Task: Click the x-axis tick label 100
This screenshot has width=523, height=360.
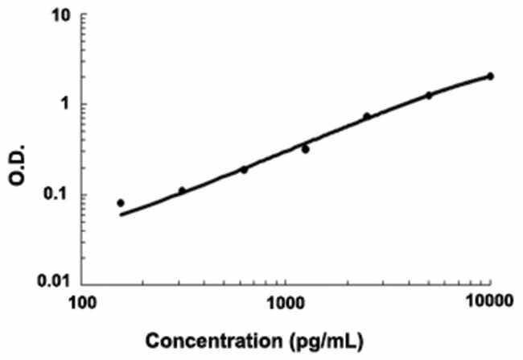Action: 81,301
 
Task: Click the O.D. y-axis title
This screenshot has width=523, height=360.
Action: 18,149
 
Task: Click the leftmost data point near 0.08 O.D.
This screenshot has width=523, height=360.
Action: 121,203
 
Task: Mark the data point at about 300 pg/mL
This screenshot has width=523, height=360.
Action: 182,191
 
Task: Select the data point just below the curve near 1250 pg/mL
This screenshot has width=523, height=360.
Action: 306,149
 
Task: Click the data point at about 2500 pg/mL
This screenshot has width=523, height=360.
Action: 367,117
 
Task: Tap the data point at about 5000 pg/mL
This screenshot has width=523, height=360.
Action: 429,95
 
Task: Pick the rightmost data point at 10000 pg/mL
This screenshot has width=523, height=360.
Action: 490,77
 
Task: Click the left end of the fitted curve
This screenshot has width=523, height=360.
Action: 121,215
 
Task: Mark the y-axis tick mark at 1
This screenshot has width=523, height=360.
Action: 84,105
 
